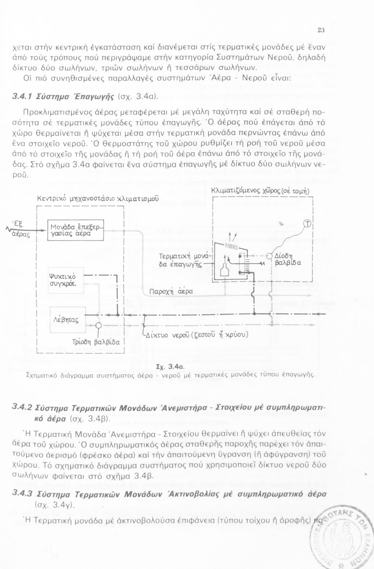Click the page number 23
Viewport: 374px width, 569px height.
[320, 30]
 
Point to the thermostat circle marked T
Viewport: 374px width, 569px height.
[307, 223]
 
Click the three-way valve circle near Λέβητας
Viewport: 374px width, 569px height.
[99, 325]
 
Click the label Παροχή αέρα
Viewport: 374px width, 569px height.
[171, 291]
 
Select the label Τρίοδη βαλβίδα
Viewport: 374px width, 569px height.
[96, 342]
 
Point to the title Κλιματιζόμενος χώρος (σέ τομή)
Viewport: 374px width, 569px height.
[260, 191]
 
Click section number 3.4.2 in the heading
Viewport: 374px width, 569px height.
[22, 408]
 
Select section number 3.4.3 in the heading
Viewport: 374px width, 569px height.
[22, 494]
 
